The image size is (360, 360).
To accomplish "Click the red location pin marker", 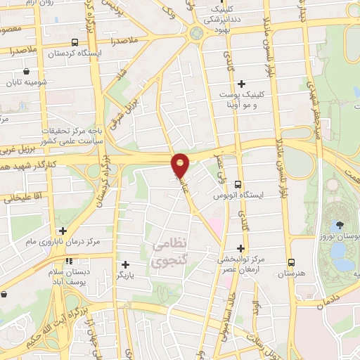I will pos(181,166).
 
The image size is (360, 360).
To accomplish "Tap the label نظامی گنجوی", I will pos(169,251).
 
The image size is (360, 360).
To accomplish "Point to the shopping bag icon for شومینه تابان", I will pos(27,71).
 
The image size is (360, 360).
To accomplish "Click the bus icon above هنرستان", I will pos(290,262).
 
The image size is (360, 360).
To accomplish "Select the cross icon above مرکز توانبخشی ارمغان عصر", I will pos(241,248).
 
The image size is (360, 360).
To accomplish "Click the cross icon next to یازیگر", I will pos(125,265).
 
